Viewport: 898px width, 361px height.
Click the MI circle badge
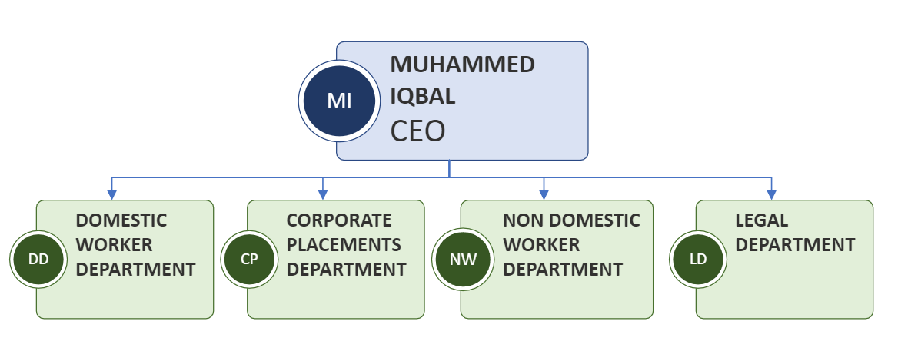[x=339, y=101]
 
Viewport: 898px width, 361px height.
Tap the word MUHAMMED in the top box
[x=462, y=65]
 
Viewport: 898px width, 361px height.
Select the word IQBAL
[x=423, y=98]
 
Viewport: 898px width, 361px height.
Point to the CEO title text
[x=417, y=131]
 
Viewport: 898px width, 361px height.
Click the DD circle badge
[x=38, y=259]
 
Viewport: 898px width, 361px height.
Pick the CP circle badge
[x=249, y=259]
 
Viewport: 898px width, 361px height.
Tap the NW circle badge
[x=463, y=259]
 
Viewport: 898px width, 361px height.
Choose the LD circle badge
[x=698, y=259]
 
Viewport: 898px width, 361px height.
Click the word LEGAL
[x=761, y=220]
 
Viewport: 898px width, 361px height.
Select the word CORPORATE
[x=339, y=220]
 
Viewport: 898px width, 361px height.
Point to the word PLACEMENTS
[x=344, y=245]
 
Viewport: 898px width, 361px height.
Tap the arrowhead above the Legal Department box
[x=771, y=194]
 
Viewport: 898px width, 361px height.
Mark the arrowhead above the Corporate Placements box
[x=323, y=194]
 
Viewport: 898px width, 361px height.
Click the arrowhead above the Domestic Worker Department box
[x=112, y=194]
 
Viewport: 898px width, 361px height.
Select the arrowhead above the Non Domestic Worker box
[x=544, y=194]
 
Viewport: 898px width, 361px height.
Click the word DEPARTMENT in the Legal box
[x=795, y=245]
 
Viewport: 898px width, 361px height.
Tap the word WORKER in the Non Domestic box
[x=541, y=245]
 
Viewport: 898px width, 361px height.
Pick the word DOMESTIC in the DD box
[x=121, y=220]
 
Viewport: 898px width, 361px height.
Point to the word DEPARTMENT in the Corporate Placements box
[x=346, y=270]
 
